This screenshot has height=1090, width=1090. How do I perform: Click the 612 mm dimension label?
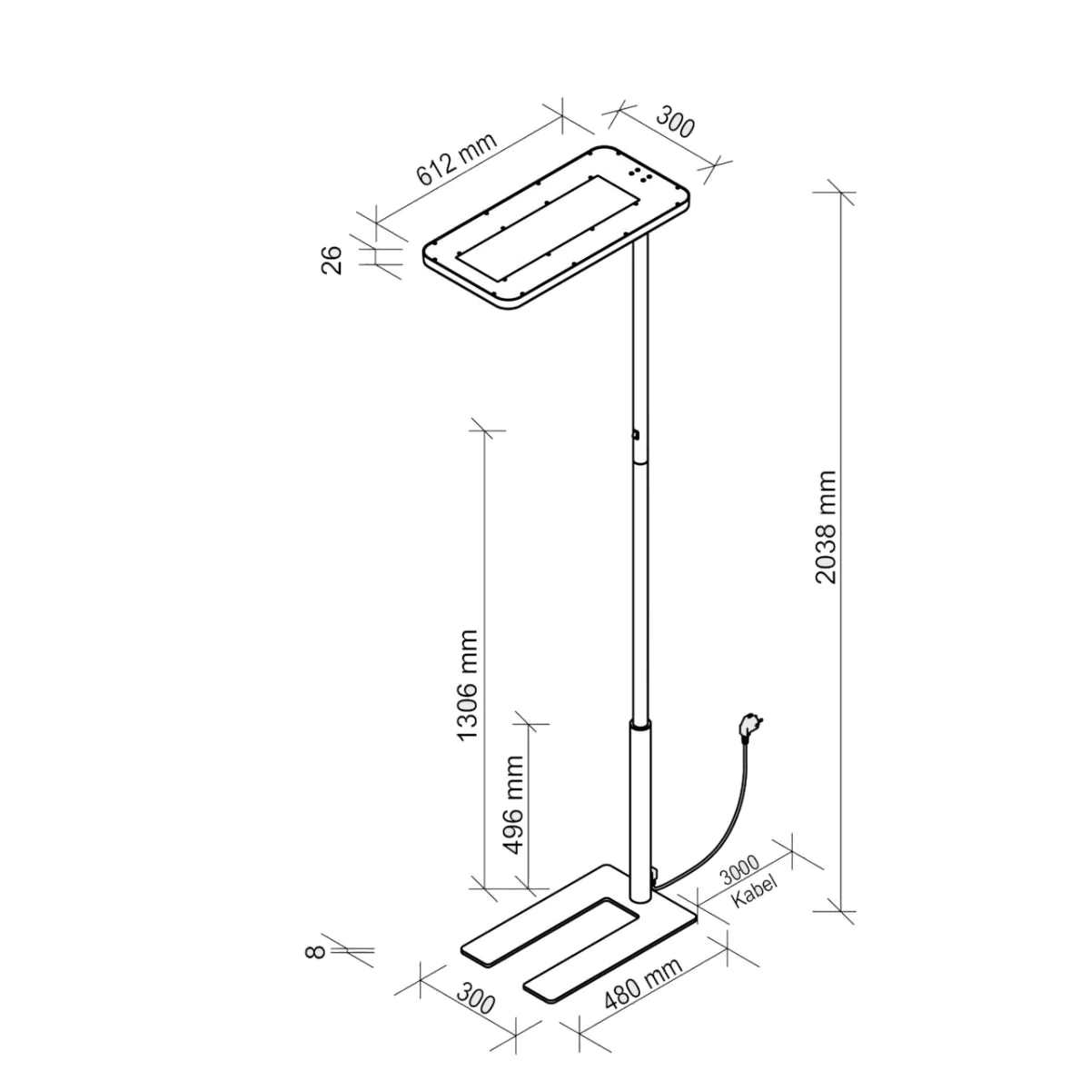(x=457, y=159)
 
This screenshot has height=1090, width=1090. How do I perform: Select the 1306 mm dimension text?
(x=468, y=685)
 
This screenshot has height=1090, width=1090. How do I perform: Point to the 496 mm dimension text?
(x=512, y=805)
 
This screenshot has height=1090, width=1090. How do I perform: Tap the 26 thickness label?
(x=332, y=260)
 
